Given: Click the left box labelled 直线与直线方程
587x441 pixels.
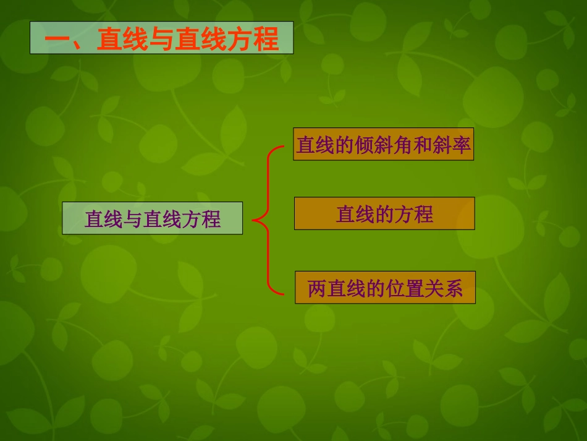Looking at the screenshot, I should pyautogui.click(x=152, y=218).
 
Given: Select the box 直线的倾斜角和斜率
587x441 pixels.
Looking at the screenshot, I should pyautogui.click(x=383, y=145).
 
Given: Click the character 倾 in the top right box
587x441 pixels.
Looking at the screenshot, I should pyautogui.click(x=364, y=145).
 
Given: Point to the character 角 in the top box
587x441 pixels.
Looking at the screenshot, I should pyautogui.click(x=403, y=145).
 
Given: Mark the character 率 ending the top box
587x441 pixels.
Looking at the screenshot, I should pyautogui.click(x=461, y=145).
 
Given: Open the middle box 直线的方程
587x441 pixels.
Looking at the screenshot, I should pyautogui.click(x=384, y=213).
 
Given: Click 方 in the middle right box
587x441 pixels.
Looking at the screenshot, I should pyautogui.click(x=403, y=214).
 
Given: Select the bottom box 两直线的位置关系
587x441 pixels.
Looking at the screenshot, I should pyautogui.click(x=384, y=288).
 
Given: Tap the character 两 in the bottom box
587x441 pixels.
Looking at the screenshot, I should pyautogui.click(x=316, y=288).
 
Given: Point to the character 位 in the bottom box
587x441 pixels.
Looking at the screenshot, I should pyautogui.click(x=394, y=288).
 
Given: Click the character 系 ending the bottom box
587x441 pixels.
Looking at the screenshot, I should pyautogui.click(x=453, y=288).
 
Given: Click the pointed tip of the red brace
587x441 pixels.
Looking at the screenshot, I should pyautogui.click(x=254, y=218).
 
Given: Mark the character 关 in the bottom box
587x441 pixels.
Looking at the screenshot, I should pyautogui.click(x=434, y=288).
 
